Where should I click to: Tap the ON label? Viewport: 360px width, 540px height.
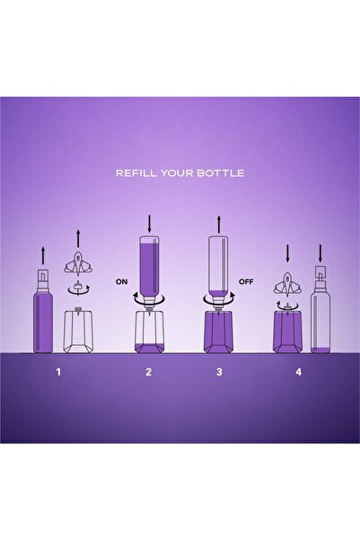pyautogui.click(x=121, y=282)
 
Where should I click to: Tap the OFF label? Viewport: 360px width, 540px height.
pyautogui.click(x=246, y=282)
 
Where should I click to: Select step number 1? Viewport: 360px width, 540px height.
pyautogui.click(x=58, y=372)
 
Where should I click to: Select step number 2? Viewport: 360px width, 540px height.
pyautogui.click(x=148, y=372)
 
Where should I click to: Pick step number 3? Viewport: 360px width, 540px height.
pyautogui.click(x=219, y=372)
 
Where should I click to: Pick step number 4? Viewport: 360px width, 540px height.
pyautogui.click(x=298, y=372)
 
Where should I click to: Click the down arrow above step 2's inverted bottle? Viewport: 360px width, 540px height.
pyautogui.click(x=149, y=224)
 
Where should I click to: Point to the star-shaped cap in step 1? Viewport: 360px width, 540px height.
pyautogui.click(x=79, y=263)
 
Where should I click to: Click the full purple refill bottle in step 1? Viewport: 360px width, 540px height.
pyautogui.click(x=43, y=311)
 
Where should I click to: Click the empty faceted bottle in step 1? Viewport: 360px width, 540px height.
pyautogui.click(x=79, y=330)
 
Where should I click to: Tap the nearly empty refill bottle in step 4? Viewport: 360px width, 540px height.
pyautogui.click(x=320, y=309)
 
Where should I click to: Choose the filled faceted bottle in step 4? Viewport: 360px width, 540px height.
pyautogui.click(x=287, y=331)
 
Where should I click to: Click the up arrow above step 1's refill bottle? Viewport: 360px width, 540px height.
pyautogui.click(x=43, y=255)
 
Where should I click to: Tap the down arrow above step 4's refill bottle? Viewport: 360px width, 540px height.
pyautogui.click(x=320, y=253)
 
